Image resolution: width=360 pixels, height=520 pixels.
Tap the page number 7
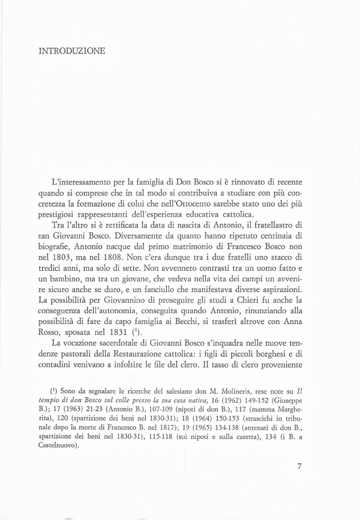pos(299,466)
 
